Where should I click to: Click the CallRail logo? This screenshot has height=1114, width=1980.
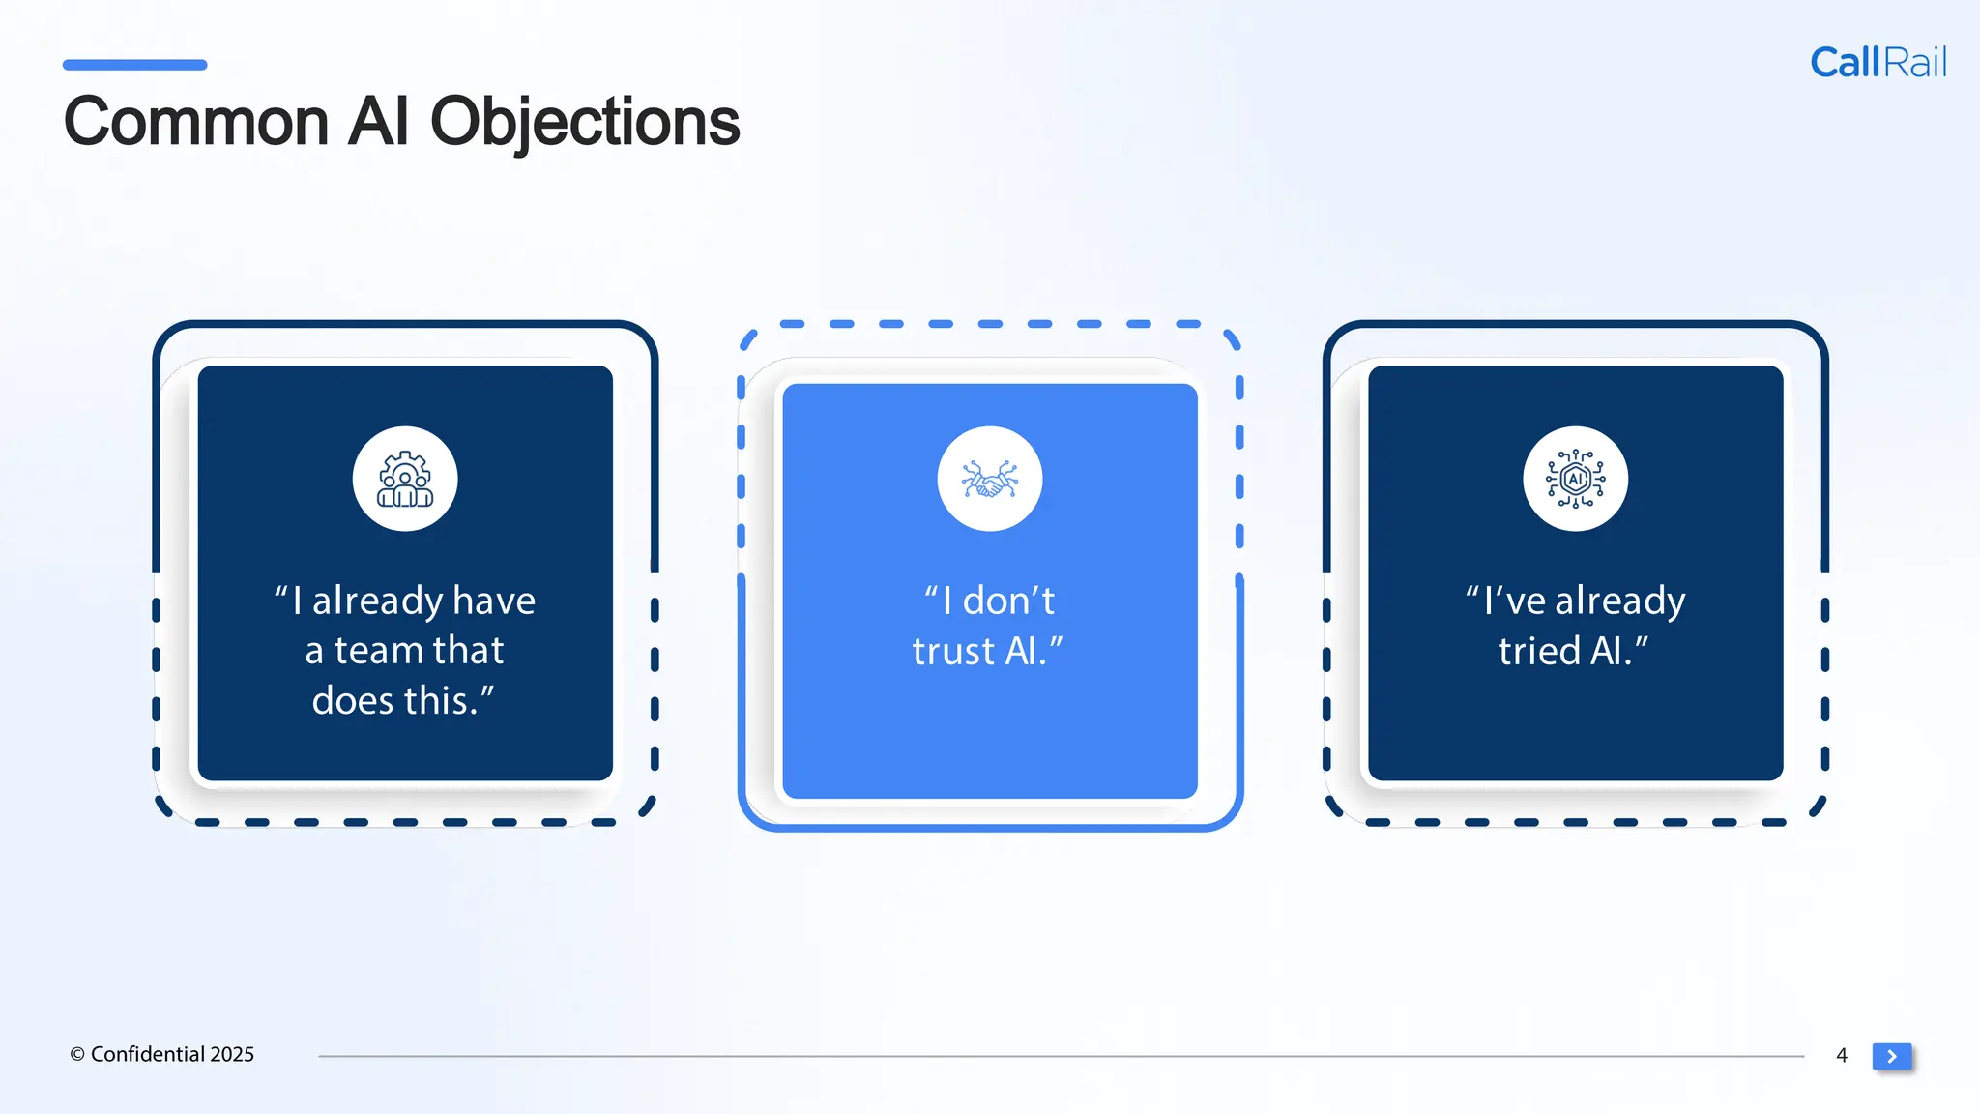click(1878, 63)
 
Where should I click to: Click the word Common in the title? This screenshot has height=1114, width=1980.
click(196, 123)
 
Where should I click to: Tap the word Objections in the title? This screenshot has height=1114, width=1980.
click(584, 123)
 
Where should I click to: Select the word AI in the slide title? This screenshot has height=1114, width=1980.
click(378, 123)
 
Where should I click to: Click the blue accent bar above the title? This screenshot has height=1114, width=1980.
click(134, 65)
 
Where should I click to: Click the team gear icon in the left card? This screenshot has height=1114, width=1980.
click(405, 480)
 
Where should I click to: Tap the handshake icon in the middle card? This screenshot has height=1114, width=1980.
click(989, 480)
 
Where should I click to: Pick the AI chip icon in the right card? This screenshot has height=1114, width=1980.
click(1575, 480)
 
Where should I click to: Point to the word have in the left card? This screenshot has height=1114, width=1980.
click(493, 601)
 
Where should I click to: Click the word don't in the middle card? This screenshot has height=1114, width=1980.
click(1008, 601)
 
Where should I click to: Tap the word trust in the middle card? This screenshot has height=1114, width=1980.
click(953, 652)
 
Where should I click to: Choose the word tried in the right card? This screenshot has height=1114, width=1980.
click(1539, 652)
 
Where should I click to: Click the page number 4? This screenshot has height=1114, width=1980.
click(1842, 1055)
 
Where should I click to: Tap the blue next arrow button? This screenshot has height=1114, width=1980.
click(1892, 1056)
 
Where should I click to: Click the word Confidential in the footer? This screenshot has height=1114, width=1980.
click(147, 1054)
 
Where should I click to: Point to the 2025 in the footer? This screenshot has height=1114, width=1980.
click(232, 1054)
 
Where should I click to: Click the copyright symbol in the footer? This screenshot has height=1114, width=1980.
click(77, 1055)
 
